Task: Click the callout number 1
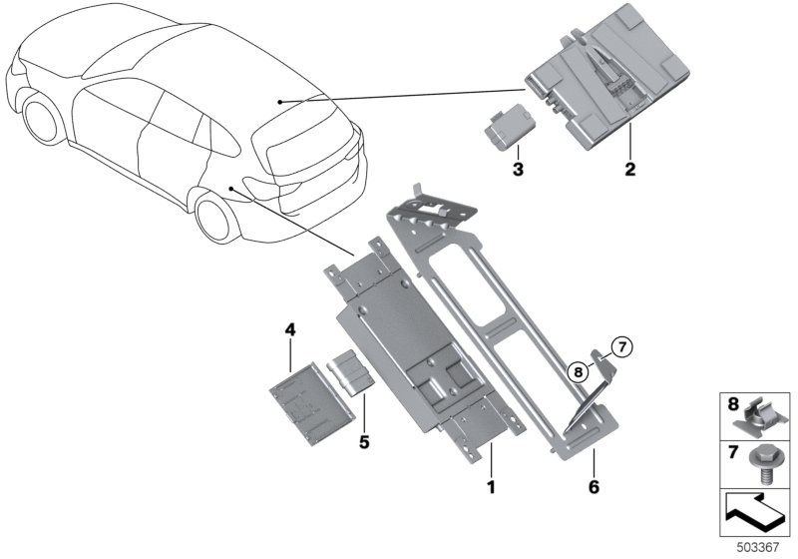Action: click(491, 487)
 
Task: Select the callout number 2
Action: click(630, 169)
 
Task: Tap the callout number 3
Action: click(518, 169)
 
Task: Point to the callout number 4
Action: click(289, 329)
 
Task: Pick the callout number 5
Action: click(364, 442)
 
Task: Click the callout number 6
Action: click(594, 487)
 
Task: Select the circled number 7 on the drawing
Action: click(621, 347)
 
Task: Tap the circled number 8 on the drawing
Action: click(578, 372)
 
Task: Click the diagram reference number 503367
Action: click(758, 547)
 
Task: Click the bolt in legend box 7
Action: click(762, 464)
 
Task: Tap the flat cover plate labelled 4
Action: click(312, 403)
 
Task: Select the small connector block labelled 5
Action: click(351, 372)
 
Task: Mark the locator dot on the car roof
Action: click(279, 102)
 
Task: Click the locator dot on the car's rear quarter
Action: click(231, 189)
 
